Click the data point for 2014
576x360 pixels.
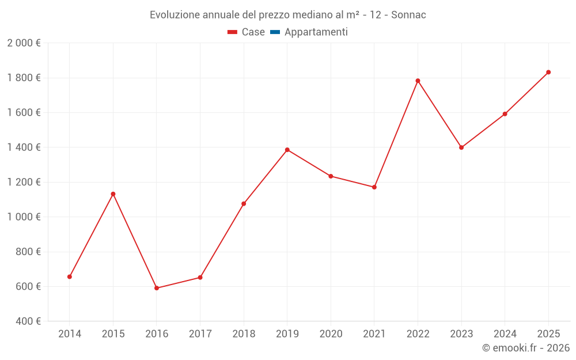[70, 276]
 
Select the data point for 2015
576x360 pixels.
[113, 194]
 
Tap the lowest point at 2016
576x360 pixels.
[157, 288]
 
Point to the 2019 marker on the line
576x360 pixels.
[287, 150]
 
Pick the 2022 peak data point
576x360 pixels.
[418, 81]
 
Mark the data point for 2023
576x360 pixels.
[461, 147]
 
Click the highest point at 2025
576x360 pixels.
[548, 72]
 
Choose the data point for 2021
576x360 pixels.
[374, 187]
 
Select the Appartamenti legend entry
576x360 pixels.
[316, 32]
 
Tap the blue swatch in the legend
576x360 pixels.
[275, 32]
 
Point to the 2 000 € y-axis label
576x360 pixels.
[24, 43]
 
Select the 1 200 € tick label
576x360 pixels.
[24, 182]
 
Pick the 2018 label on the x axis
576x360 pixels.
[244, 334]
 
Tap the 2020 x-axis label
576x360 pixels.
[331, 334]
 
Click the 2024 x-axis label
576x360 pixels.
[505, 334]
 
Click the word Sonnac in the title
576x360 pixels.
[408, 15]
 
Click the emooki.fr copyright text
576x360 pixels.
[526, 348]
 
